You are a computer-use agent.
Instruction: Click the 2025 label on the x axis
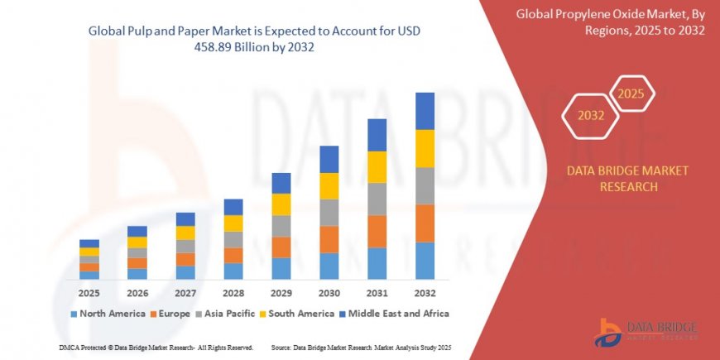(89, 293)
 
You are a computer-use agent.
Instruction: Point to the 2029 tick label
(281, 293)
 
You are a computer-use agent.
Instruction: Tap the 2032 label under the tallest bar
(425, 293)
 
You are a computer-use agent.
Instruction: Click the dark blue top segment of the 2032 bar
(425, 111)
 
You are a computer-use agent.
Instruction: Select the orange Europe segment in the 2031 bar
(377, 231)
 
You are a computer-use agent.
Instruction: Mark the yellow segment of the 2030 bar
(329, 185)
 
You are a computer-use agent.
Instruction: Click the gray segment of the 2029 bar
(281, 226)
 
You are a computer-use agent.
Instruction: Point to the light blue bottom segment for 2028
(233, 271)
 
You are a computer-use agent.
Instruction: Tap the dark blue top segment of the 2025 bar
(89, 243)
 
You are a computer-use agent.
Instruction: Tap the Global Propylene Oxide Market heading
(611, 22)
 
